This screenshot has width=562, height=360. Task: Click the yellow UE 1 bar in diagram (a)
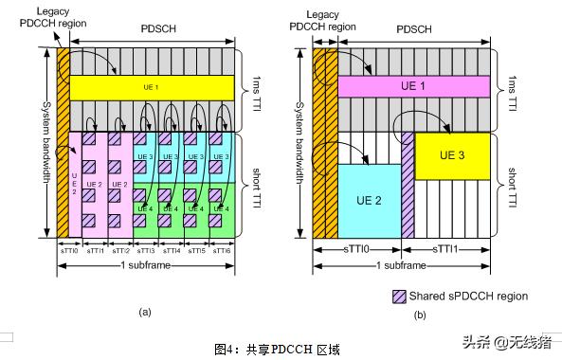pos(152,86)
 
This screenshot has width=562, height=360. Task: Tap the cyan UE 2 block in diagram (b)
pos(370,201)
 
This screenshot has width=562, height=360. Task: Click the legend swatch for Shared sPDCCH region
pos(399,297)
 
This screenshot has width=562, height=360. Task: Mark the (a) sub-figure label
pos(145,311)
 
